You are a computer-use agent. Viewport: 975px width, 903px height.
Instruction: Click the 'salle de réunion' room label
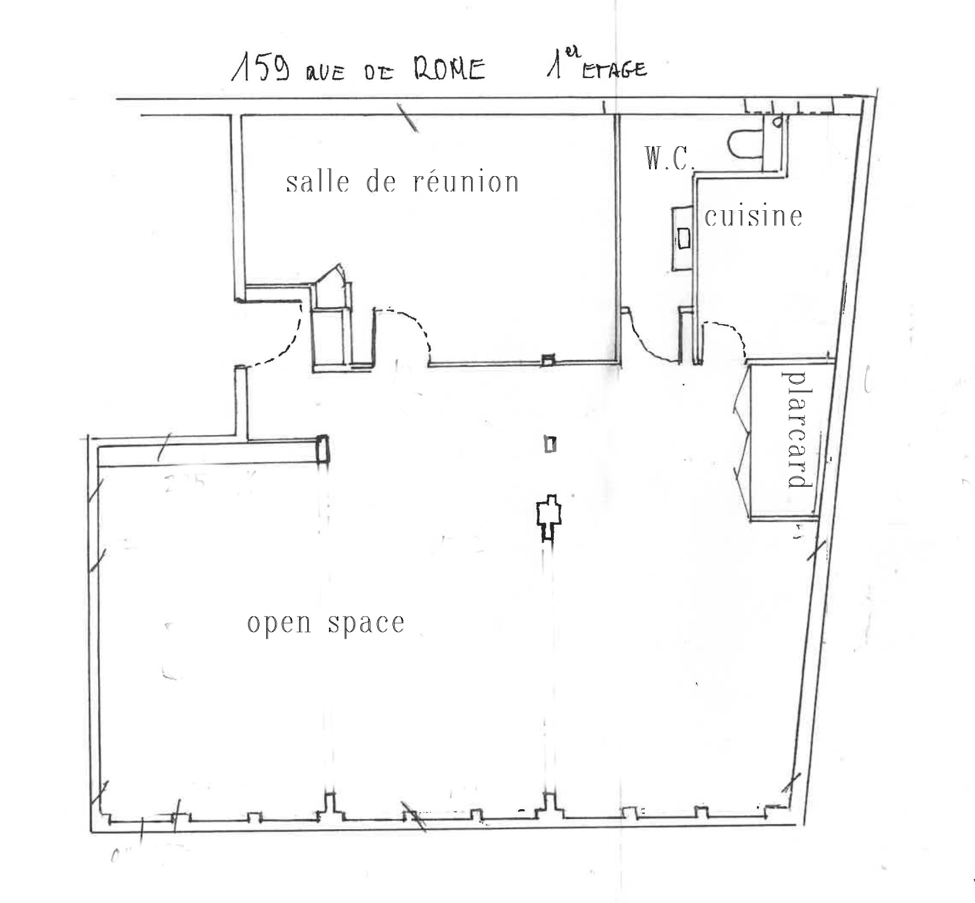tap(402, 182)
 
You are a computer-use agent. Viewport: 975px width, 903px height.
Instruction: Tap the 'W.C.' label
tap(669, 158)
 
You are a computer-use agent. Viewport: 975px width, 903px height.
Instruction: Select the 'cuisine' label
tap(753, 216)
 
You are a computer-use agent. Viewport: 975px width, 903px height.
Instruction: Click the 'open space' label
tap(326, 623)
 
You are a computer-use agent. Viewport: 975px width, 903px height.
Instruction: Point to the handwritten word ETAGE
tap(614, 70)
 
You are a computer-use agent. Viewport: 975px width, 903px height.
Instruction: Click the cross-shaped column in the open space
tap(548, 518)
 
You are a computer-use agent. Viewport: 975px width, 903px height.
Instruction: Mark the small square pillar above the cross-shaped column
tap(550, 445)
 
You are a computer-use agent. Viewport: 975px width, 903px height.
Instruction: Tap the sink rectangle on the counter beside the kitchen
tap(684, 238)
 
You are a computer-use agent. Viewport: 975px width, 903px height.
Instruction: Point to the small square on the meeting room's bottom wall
tap(548, 360)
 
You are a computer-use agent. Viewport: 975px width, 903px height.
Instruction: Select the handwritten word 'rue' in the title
tap(325, 73)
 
